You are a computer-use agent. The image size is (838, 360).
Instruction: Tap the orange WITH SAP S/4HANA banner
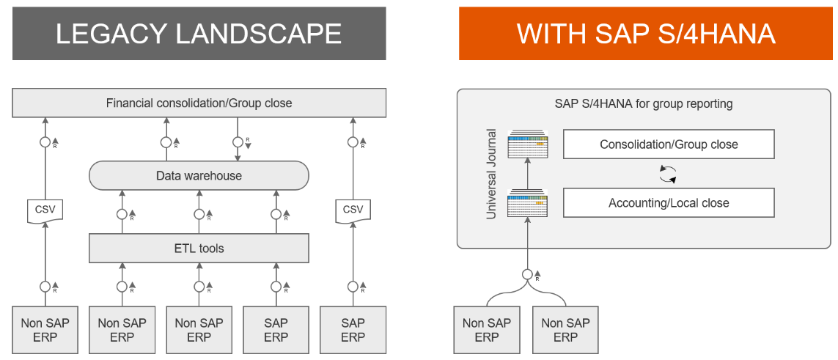coord(646,34)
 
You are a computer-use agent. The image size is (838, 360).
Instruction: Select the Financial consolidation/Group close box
coord(199,103)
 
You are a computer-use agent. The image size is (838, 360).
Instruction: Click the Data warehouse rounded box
coord(199,176)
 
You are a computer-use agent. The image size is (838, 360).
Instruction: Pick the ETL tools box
coord(199,249)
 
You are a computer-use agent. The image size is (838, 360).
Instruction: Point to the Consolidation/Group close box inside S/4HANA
coord(669,144)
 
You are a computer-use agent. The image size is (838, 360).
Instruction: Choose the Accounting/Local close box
coord(669,203)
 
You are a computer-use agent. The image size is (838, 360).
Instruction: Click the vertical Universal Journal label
coord(493,174)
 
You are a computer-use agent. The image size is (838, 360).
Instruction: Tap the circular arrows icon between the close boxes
coord(667,174)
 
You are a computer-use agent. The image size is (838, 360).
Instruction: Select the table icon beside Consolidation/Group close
coord(529,144)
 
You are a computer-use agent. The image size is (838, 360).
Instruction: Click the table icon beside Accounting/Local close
coord(529,202)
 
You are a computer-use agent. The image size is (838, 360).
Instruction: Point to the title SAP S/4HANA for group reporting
coord(644,104)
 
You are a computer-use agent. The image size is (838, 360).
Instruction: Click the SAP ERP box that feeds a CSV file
coord(353,330)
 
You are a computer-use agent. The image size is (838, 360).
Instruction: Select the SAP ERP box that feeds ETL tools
coord(276,330)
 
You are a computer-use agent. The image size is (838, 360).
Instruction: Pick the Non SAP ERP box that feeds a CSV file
coord(45,330)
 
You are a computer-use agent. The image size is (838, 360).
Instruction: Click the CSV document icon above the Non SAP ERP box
coord(45,211)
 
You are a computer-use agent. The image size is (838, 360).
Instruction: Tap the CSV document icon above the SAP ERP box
coord(353,211)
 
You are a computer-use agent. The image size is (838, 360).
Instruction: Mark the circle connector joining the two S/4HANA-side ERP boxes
coord(526,275)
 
